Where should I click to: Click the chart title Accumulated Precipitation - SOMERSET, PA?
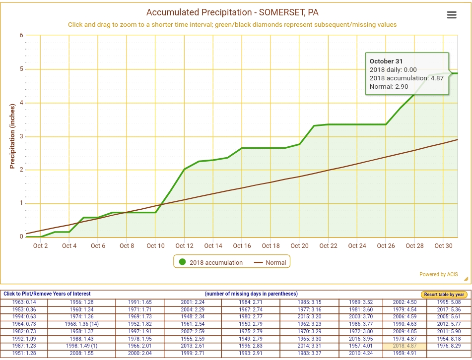pyautogui.click(x=232, y=12)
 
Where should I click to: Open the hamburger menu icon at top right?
pyautogui.click(x=452, y=15)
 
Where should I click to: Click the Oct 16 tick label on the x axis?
pyautogui.click(x=242, y=246)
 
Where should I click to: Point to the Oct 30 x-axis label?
pyautogui.click(x=443, y=246)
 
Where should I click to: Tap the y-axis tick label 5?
pyautogui.click(x=21, y=69)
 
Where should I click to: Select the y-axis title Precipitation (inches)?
pyautogui.click(x=13, y=136)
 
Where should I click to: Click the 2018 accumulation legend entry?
pyautogui.click(x=210, y=262)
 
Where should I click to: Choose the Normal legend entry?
pyautogui.click(x=270, y=262)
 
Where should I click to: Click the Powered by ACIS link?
pyautogui.click(x=438, y=274)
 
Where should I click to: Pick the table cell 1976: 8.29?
pyautogui.click(x=449, y=346)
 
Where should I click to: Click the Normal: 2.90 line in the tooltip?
pyautogui.click(x=389, y=86)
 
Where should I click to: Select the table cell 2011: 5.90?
pyautogui.click(x=449, y=332)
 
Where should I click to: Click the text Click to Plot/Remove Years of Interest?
pyautogui.click(x=47, y=294)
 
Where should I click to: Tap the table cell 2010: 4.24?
pyautogui.click(x=361, y=354)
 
